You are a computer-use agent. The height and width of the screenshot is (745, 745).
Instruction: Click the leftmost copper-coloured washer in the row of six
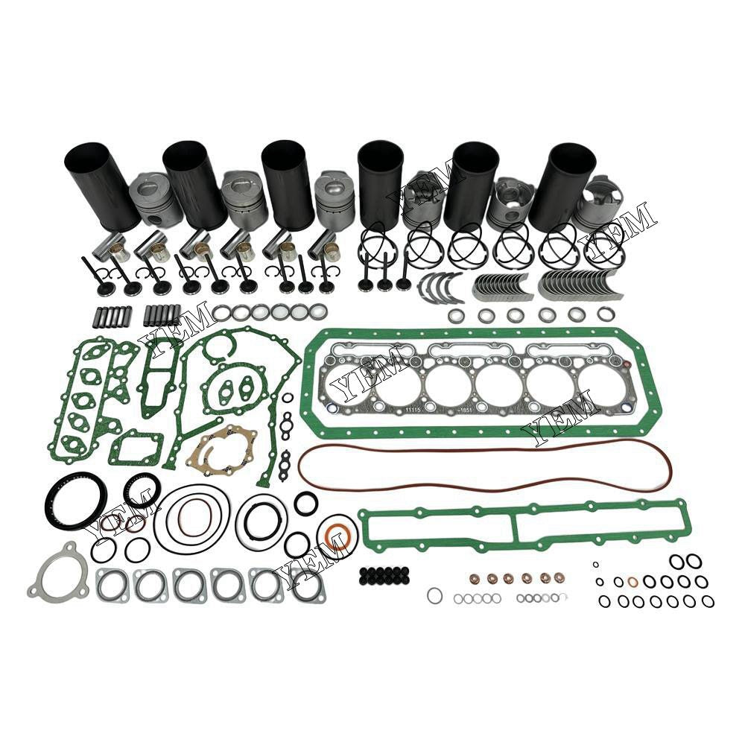click(472, 579)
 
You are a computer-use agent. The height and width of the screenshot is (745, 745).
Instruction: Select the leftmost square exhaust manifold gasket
click(112, 585)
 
